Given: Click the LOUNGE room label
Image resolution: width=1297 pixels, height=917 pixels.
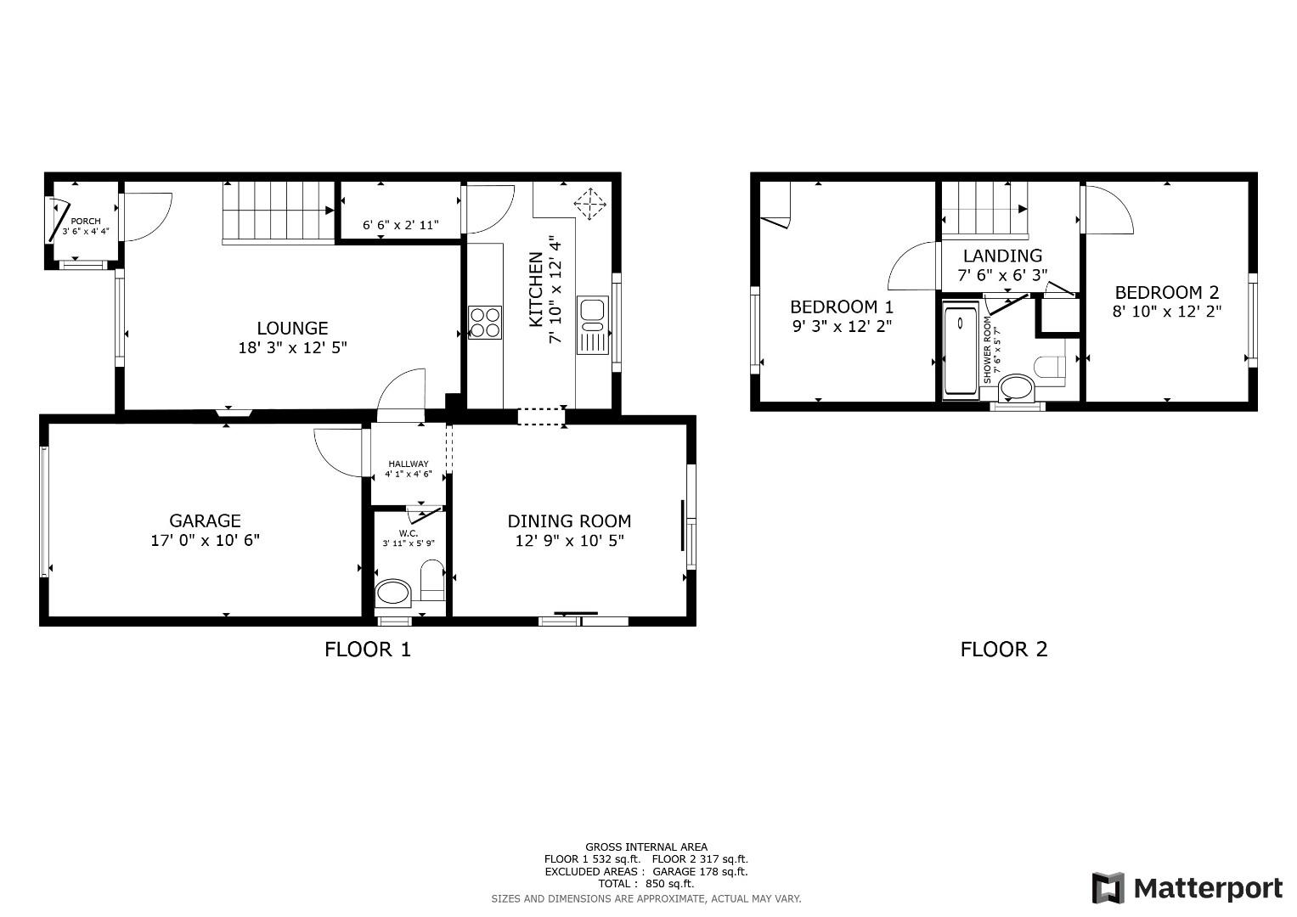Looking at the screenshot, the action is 292,329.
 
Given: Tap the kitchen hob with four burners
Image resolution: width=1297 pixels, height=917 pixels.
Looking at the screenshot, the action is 485,323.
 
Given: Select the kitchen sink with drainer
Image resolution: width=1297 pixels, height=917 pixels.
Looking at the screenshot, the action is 592,324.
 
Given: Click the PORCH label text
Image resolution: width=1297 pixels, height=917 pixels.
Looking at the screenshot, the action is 86,221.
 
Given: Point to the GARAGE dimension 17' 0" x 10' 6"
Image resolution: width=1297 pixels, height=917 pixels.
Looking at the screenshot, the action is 205,540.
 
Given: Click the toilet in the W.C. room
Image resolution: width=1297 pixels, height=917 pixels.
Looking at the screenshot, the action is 432,579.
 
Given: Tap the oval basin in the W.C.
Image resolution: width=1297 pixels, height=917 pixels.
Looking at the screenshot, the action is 393,593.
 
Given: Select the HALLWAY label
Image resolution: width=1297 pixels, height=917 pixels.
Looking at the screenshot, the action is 409,464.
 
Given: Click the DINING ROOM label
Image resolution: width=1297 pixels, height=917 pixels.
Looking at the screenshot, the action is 569,521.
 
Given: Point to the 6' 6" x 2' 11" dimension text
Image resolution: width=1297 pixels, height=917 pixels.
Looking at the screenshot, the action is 401,225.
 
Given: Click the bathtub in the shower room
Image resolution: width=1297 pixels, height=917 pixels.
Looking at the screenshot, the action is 961,350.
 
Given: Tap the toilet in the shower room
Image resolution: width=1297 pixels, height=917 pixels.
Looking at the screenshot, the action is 1050,367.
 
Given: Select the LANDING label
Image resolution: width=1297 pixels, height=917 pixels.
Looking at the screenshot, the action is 1002,256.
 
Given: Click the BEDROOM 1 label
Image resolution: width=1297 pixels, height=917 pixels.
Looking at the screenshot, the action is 842,307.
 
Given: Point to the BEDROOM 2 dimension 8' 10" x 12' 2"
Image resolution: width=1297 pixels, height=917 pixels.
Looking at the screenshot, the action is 1167,312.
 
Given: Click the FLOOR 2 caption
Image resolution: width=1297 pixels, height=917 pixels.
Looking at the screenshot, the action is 1004,649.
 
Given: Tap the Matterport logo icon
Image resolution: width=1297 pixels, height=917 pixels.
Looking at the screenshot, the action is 1108,887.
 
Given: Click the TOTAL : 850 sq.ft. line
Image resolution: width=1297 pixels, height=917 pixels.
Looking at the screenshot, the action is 646,883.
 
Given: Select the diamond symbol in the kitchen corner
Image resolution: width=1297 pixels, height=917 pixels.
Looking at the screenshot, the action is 589,204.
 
